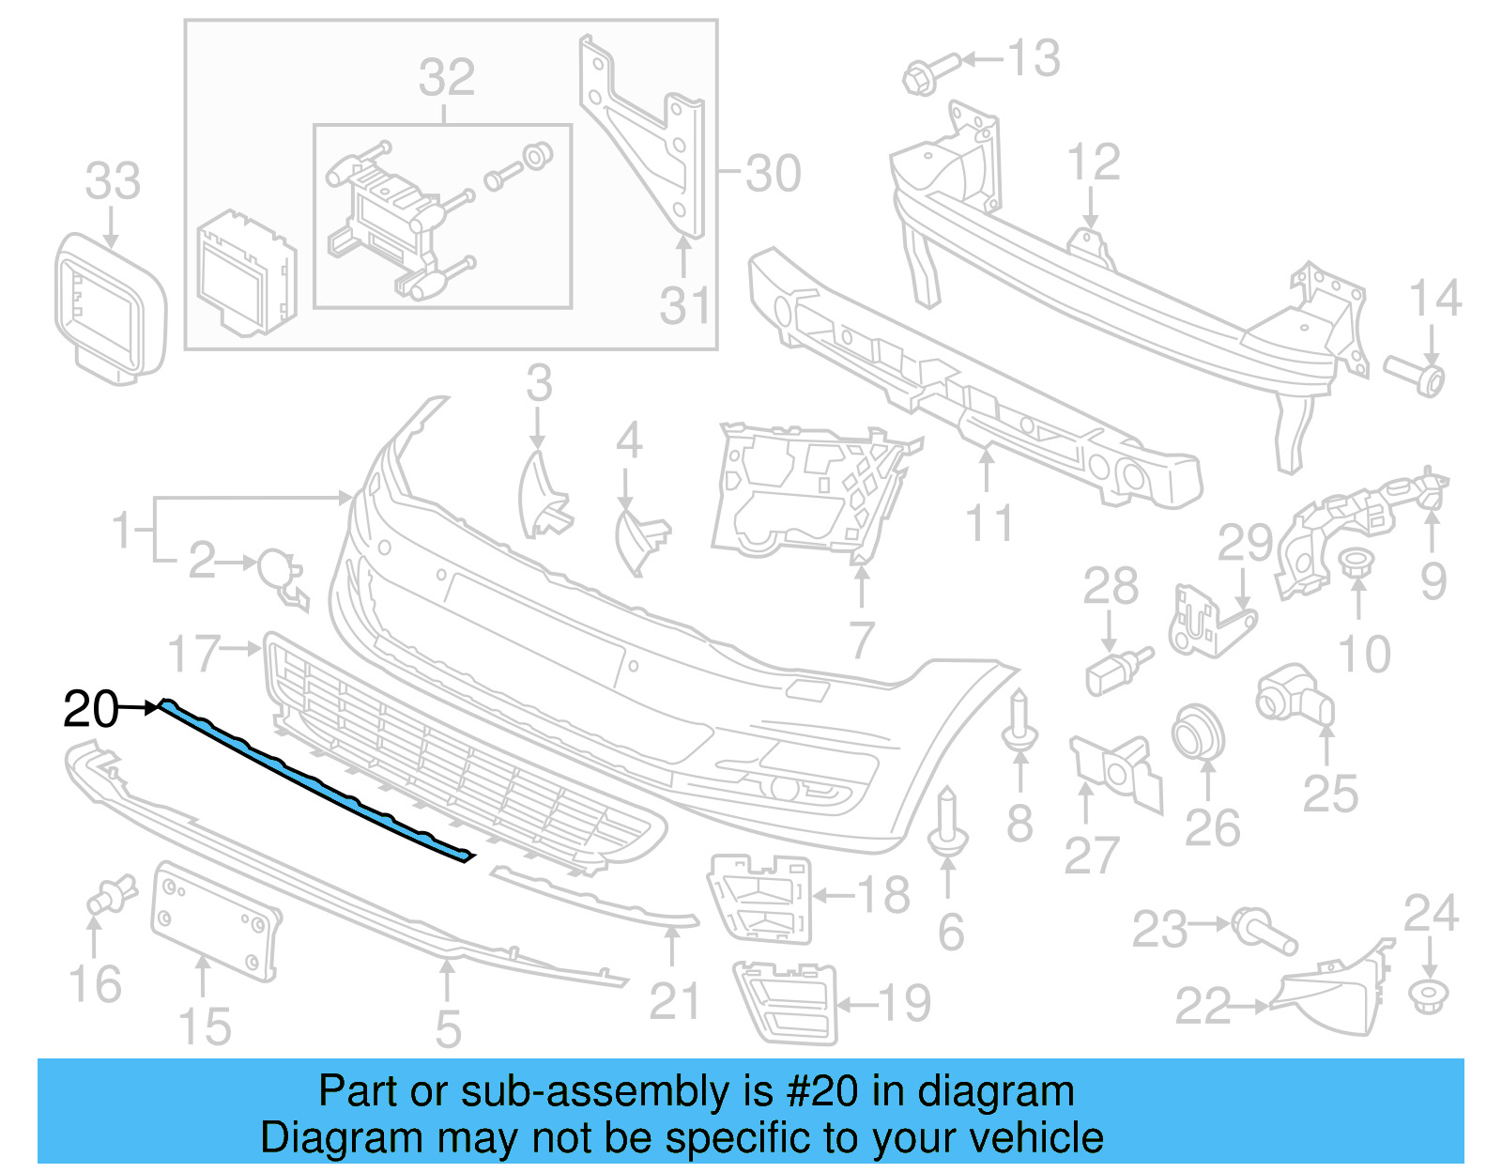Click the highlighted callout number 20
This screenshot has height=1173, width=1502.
90,709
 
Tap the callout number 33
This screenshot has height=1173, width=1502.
113,180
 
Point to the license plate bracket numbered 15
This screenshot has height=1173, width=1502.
215,919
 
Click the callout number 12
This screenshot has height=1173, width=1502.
1094,162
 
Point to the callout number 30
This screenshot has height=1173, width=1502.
774,174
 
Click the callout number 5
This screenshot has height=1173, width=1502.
448,1028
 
